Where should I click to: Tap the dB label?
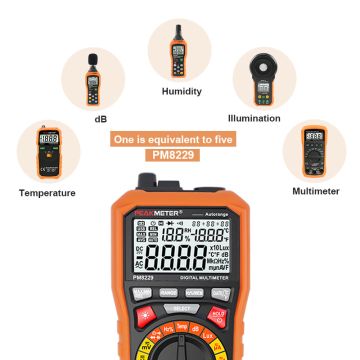point(101,119)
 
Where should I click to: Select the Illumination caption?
point(261,117)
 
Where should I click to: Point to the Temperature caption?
point(47,192)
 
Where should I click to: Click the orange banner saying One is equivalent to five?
point(179,140)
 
